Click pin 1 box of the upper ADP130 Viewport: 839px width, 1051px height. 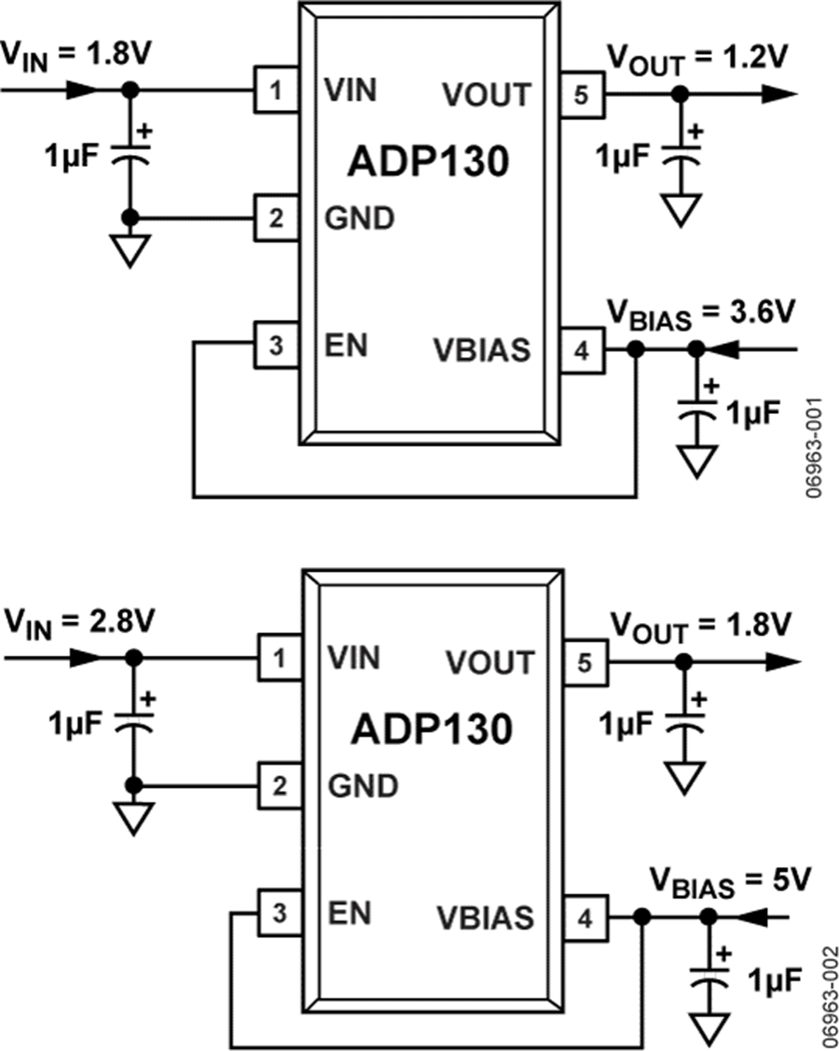pos(277,91)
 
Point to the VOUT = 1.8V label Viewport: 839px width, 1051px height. pos(699,626)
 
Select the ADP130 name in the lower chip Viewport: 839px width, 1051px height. pos(431,728)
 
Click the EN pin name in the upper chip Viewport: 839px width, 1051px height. pos(346,344)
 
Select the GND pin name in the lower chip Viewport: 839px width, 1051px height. pos(363,785)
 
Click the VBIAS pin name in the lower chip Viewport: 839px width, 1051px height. pos(485,919)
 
